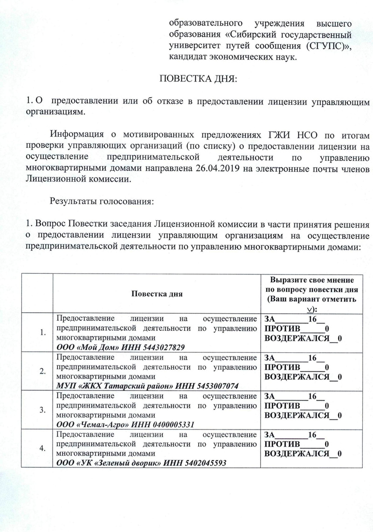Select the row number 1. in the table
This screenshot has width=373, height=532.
(x=42, y=332)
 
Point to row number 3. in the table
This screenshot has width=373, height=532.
(x=42, y=410)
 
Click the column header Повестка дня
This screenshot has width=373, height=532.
(x=157, y=294)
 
